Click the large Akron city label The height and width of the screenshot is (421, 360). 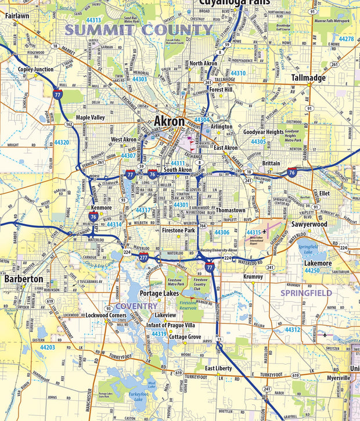(x=169, y=122)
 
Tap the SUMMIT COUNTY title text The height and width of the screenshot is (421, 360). (x=139, y=30)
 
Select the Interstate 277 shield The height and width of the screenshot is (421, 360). (x=143, y=255)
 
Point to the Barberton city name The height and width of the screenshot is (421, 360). (x=24, y=279)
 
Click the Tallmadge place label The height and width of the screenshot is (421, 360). (x=308, y=78)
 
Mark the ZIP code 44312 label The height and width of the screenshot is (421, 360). (x=292, y=329)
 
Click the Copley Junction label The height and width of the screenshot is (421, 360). (x=35, y=69)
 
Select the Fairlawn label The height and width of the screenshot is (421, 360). (x=17, y=16)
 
